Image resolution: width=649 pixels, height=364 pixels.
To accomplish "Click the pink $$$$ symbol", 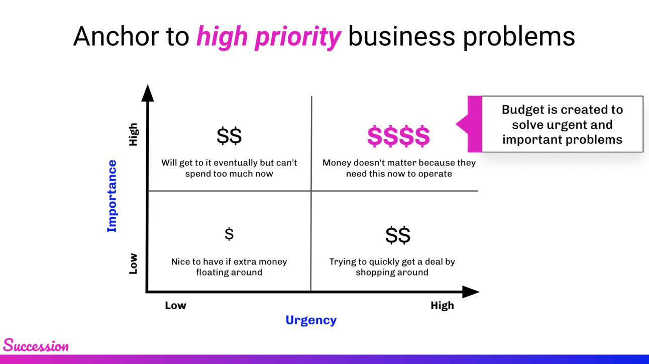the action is [398, 136].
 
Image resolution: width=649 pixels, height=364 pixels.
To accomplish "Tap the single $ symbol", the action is [229, 234].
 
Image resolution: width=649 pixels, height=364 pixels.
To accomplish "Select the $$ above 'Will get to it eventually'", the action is [229, 136].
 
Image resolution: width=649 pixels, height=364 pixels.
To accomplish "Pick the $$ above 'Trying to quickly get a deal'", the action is [398, 235].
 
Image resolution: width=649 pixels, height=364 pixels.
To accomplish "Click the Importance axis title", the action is [112, 196].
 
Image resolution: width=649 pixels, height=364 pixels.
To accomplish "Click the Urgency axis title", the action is [311, 320].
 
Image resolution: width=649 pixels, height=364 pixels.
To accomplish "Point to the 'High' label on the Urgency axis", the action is [442, 305].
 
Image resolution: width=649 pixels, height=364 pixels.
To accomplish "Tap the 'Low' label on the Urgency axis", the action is [176, 305].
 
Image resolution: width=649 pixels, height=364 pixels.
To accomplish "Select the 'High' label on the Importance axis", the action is [133, 134].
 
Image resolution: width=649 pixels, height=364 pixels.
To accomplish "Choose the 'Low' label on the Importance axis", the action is [133, 263].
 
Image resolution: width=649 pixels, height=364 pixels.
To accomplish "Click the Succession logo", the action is [36, 345].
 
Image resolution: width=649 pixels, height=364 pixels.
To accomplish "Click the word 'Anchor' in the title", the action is [117, 37].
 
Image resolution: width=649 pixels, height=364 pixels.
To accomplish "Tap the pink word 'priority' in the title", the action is [298, 37].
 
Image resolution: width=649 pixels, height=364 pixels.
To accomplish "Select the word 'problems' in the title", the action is [519, 37].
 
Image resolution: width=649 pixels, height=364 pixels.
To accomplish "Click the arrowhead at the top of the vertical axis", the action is [148, 93].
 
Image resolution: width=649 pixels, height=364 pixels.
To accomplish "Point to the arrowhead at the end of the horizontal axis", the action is [471, 292].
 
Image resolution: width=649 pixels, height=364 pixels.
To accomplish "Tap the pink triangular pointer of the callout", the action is [462, 124].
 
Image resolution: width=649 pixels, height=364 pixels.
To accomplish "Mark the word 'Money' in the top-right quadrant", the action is [336, 163].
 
